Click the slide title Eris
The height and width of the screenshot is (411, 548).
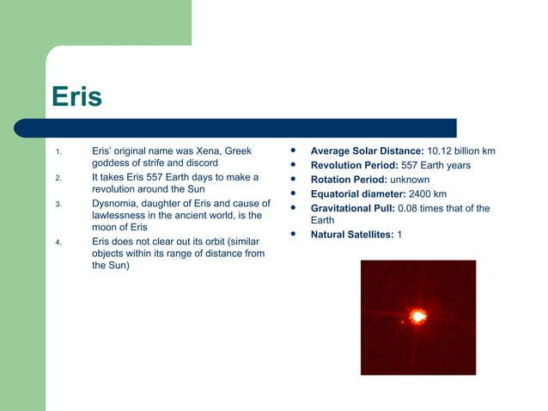coord(76,96)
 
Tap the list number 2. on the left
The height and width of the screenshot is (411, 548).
coord(58,179)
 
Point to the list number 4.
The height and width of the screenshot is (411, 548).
coord(58,242)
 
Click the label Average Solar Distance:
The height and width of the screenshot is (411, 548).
coord(367,151)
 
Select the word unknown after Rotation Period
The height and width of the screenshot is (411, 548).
coord(410,180)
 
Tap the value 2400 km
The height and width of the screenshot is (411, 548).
coord(427,193)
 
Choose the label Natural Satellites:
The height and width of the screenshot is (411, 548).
coord(351,235)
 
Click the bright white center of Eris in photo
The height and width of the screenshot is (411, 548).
coord(419,316)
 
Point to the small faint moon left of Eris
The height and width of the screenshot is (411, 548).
coord(401,322)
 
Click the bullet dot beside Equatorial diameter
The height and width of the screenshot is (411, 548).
coord(293,193)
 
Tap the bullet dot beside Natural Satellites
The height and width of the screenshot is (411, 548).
coord(293,234)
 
